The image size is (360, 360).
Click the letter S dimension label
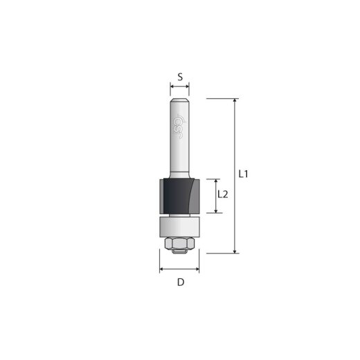pos(179,78)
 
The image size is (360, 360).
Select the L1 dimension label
pos(244,174)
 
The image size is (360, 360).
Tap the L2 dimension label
pos(222,195)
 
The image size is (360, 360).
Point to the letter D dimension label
pos(180,282)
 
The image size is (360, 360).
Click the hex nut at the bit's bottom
pos(179,242)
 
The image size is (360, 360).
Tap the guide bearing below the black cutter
pos(179,226)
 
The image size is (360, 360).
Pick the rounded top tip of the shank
pos(180,101)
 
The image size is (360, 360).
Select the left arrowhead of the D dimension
pos(162,268)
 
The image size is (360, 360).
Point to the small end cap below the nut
pos(179,252)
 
